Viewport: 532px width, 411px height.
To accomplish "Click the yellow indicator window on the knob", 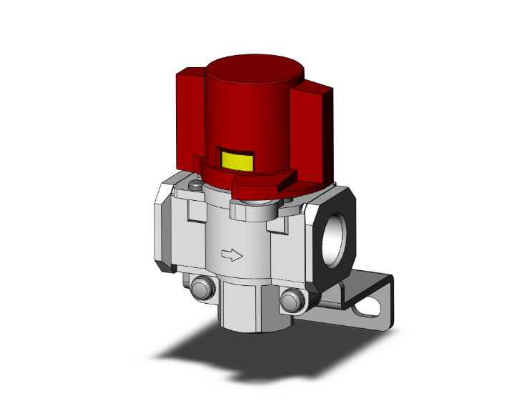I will (237, 162).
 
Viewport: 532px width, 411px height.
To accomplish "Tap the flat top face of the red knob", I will (255, 72).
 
